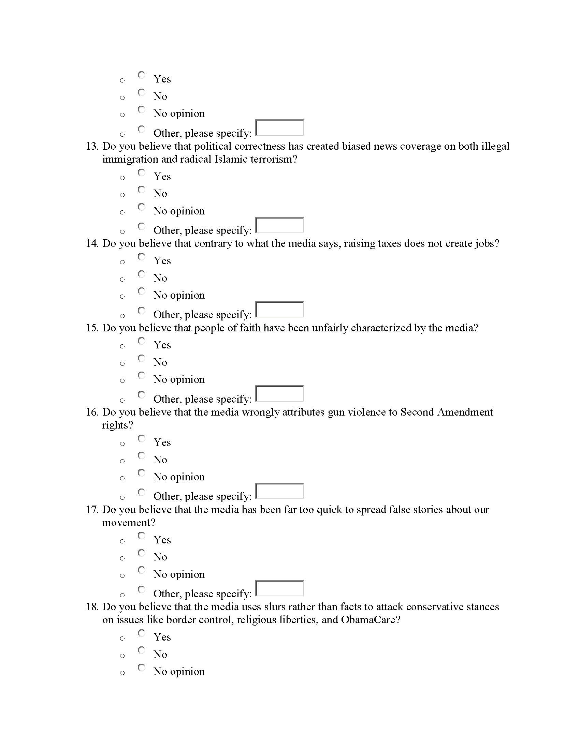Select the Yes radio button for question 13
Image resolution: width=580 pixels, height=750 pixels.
(141, 173)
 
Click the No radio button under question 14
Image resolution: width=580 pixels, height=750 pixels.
(141, 274)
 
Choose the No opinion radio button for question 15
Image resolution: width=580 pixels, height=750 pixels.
(141, 375)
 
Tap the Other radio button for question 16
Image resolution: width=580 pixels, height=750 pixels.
(141, 492)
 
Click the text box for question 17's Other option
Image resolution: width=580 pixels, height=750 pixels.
(279, 588)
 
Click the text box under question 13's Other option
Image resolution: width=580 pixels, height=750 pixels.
(279, 225)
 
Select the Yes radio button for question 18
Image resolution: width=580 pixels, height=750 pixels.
(141, 633)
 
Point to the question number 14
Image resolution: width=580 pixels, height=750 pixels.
(92, 243)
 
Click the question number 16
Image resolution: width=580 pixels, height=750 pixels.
(92, 412)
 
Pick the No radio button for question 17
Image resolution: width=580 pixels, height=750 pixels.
(141, 553)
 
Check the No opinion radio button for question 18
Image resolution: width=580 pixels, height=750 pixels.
(141, 667)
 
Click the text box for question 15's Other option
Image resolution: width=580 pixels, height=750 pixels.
(279, 393)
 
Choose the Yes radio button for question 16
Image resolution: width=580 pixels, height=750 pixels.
(141, 438)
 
